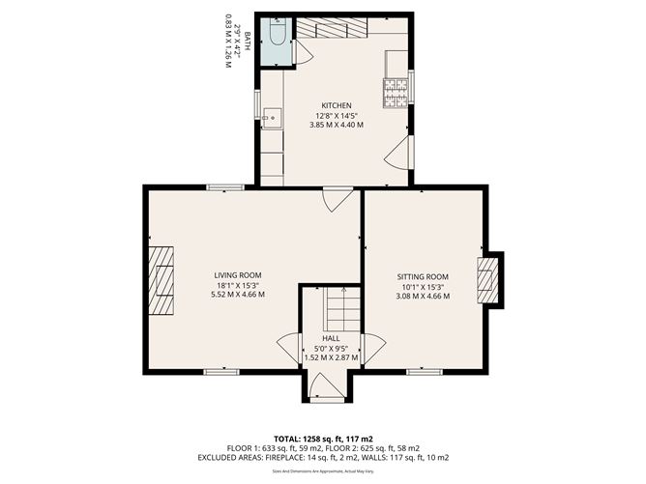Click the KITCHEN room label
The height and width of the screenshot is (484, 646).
point(336,105)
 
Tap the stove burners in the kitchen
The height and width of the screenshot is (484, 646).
point(396,93)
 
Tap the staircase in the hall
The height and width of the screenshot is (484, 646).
point(341,309)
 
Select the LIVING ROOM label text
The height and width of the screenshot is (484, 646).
point(238,275)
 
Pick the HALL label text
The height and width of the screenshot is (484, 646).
point(331,338)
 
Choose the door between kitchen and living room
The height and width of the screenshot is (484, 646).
point(336,198)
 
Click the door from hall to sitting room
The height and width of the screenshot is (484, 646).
point(372,348)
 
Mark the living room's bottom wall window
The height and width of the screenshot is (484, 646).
point(221,370)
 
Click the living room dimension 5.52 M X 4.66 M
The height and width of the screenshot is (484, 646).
point(238,295)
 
